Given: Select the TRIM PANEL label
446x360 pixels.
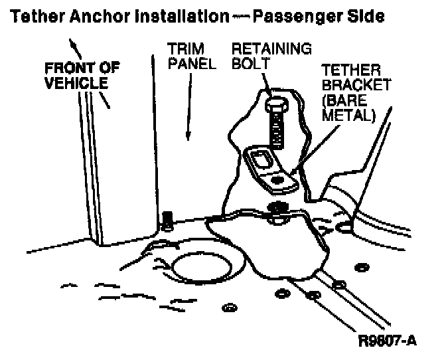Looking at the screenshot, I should tap(186, 57).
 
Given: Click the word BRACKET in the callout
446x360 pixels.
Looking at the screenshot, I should tap(352, 87).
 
